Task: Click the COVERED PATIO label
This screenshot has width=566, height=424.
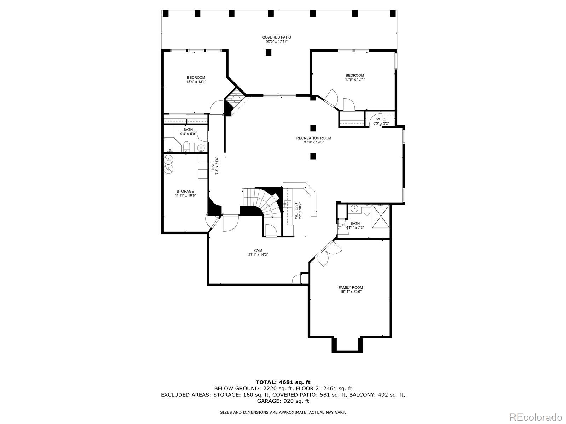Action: click(x=277, y=37)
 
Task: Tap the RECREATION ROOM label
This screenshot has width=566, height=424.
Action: click(x=313, y=138)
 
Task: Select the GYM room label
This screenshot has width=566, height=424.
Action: click(x=258, y=251)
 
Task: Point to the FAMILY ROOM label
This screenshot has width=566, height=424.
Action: click(x=351, y=288)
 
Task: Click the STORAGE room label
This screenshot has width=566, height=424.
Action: click(x=185, y=191)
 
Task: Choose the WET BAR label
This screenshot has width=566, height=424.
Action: click(x=296, y=211)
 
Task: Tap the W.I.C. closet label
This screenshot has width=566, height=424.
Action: click(x=381, y=119)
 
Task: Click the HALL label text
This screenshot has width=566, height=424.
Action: click(x=213, y=166)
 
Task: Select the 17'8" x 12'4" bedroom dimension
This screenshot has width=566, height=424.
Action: click(x=355, y=79)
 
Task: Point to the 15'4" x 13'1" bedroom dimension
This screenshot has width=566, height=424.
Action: click(x=196, y=82)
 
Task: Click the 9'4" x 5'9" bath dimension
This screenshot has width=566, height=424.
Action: click(x=188, y=134)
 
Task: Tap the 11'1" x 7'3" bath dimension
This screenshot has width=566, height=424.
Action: click(x=355, y=228)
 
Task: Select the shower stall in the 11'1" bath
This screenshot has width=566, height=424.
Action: click(x=380, y=216)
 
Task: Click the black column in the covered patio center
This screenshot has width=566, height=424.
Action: click(x=268, y=53)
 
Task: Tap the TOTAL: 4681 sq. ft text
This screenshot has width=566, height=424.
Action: click(x=283, y=382)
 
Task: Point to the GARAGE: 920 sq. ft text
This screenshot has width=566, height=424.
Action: click(x=283, y=401)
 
